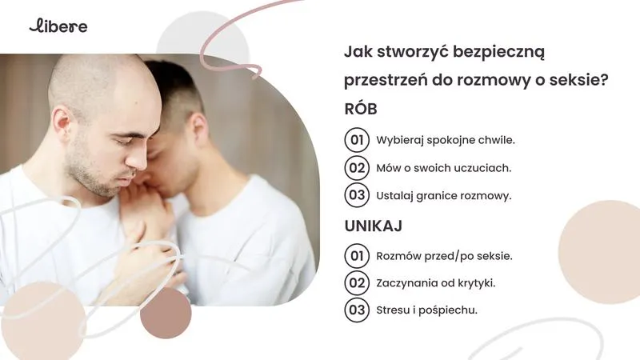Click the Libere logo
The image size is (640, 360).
(58, 26)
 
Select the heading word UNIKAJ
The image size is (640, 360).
(373, 226)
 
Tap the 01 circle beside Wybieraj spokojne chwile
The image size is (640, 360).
(356, 139)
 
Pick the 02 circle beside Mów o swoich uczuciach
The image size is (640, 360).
(356, 167)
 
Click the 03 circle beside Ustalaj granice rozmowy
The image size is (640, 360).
(356, 194)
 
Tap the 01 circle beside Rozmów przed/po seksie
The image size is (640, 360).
(356, 256)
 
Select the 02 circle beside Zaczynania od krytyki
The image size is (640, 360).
(356, 282)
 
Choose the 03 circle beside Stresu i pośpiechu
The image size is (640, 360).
(356, 310)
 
